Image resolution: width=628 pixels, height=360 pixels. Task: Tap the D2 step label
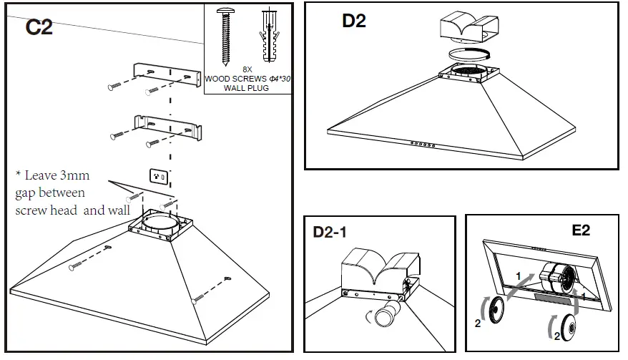pyautogui.click(x=353, y=21)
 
